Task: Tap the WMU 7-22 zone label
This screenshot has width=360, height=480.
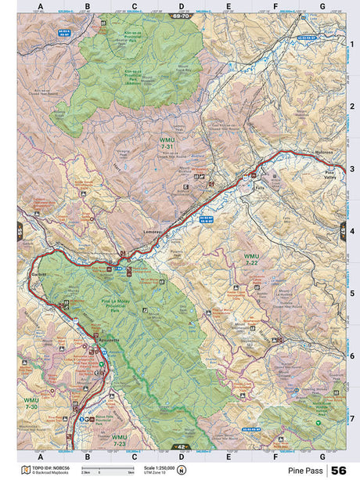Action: [x=250, y=260]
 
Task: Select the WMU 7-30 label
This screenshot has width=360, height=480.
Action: [x=31, y=404]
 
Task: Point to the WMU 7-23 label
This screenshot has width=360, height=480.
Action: [x=119, y=440]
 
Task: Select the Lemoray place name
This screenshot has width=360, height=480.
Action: [x=153, y=234]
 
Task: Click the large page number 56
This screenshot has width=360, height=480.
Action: [x=340, y=471]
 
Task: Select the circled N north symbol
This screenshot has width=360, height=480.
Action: [x=181, y=471]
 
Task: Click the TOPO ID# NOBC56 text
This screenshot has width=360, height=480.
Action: [x=49, y=467]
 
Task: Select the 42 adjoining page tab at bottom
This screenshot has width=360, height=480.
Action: [x=181, y=447]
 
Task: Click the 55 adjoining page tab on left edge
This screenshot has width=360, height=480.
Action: [x=20, y=232]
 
